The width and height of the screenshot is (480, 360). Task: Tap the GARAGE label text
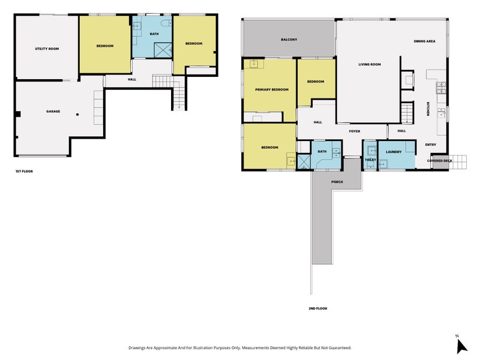[x=53, y=112]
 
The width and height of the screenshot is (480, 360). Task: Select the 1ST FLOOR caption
[x=24, y=172]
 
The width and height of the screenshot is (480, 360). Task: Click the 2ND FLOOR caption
[x=317, y=308]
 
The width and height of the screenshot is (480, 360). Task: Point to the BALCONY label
[x=289, y=40]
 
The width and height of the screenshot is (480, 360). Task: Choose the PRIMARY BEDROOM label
[x=271, y=89]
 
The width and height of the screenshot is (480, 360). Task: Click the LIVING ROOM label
[x=370, y=64]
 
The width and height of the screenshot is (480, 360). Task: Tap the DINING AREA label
[x=424, y=41]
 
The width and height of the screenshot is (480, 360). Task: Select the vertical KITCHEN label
[x=428, y=109]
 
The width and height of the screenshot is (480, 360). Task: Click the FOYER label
[x=355, y=131]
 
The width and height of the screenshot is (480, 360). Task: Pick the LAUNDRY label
[x=394, y=152]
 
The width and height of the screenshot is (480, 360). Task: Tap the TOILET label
[x=370, y=160]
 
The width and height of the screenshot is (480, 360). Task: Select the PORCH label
[x=337, y=182]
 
